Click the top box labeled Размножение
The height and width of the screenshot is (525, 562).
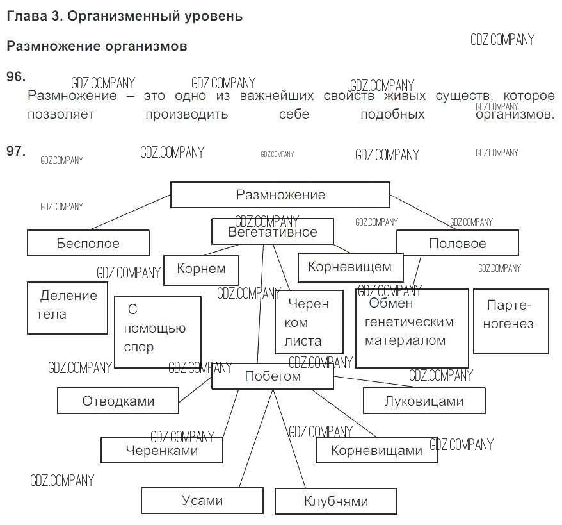(280, 195)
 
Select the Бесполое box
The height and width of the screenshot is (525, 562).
(88, 244)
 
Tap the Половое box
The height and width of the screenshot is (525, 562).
(457, 244)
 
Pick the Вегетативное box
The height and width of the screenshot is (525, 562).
(273, 232)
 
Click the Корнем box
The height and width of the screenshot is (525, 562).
(201, 270)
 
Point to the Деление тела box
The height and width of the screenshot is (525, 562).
(67, 307)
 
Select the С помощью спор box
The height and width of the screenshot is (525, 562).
(157, 331)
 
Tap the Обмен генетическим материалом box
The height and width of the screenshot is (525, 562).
(412, 327)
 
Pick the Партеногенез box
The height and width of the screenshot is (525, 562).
(510, 321)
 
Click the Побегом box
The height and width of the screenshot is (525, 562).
(273, 377)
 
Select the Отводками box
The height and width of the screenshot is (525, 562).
(118, 401)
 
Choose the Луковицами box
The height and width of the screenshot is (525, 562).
(424, 401)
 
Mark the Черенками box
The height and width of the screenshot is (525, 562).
(162, 450)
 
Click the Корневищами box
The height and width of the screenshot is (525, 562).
(376, 450)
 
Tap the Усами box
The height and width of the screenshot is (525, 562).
(202, 501)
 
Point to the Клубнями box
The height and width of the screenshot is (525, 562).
(336, 501)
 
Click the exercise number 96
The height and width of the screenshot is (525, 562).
(15, 77)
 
